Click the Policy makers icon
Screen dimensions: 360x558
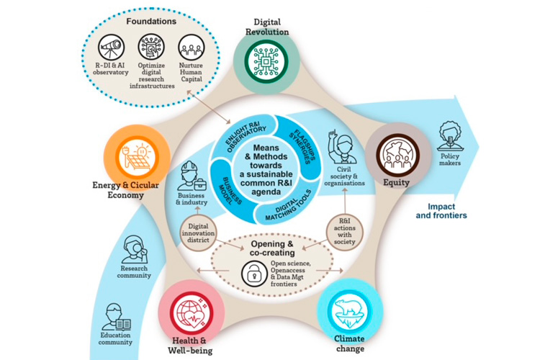[x=451, y=135]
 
